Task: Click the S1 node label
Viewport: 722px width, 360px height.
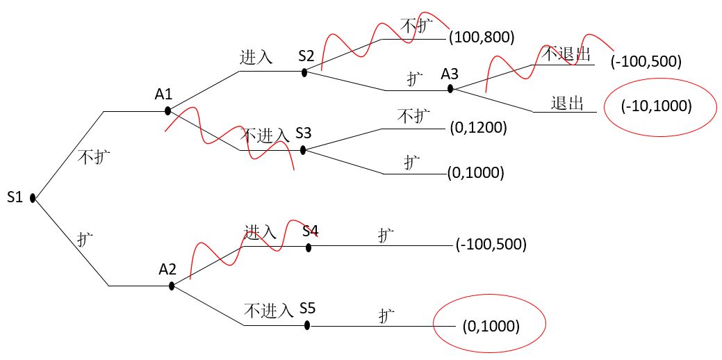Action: coord(15,197)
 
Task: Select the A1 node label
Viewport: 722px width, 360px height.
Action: coord(163,93)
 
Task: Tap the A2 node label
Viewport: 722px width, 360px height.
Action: coord(167,269)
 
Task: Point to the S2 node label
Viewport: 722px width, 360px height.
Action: coord(306,55)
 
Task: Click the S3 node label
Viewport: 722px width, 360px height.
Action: coord(304,133)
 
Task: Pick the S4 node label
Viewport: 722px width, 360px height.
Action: coord(311,230)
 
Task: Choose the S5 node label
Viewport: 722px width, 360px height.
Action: coord(309,308)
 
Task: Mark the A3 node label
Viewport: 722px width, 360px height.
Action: coord(450,73)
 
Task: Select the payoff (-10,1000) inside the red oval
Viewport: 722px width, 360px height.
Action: coord(657,106)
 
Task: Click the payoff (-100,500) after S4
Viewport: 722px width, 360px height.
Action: coord(491,245)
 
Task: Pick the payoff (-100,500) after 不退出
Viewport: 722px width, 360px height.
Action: coord(646,62)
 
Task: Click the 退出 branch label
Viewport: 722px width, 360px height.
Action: coord(566,104)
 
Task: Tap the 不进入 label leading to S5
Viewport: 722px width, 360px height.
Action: coord(268,311)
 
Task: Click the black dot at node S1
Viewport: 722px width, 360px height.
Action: coord(33,199)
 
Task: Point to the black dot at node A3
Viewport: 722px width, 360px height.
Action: coord(450,89)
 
